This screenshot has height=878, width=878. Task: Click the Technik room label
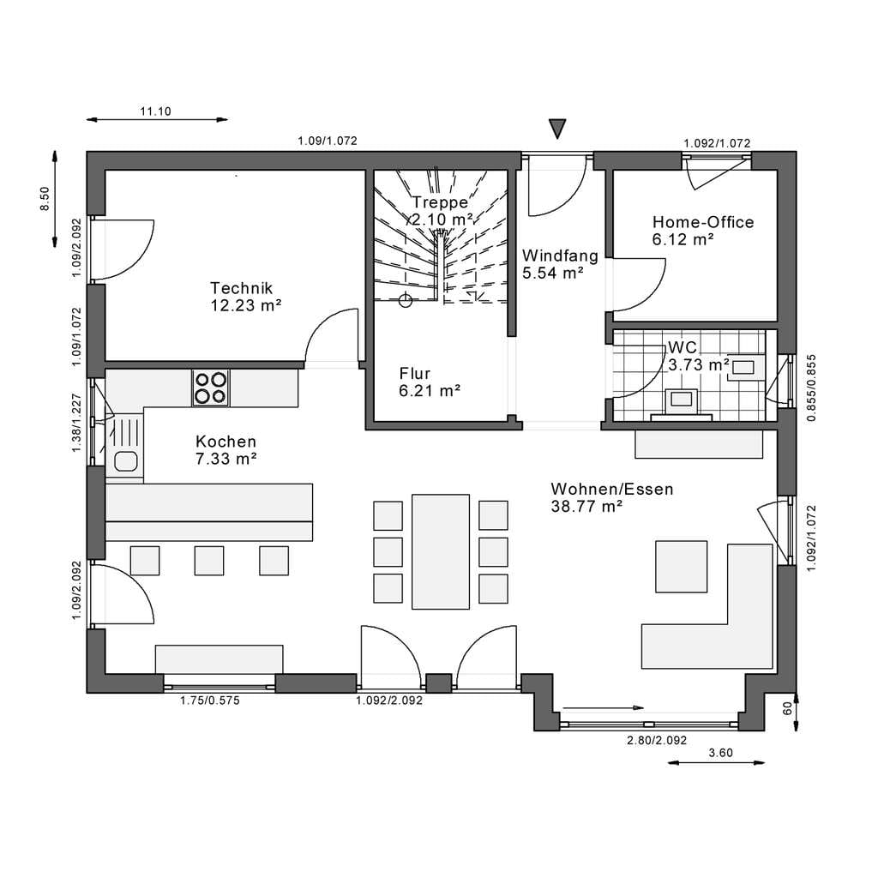coord(241,288)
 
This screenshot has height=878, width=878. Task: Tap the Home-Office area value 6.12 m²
coord(683,240)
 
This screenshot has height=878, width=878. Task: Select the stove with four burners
coord(211,388)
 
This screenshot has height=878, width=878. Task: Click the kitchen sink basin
coord(125,461)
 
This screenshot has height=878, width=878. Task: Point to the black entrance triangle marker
coord(557,129)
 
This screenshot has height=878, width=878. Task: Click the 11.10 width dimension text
coord(156,111)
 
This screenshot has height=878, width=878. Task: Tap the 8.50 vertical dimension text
coord(45,199)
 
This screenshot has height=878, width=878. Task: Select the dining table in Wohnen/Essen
coord(441,551)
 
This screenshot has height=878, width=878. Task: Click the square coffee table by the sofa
coord(682,566)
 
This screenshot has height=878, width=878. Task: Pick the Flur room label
coord(415,374)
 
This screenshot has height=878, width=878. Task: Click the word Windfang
coord(560,256)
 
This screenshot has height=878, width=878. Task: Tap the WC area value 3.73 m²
coord(699,365)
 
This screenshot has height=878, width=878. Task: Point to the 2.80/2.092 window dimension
coord(657,740)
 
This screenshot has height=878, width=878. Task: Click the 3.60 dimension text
coord(720,753)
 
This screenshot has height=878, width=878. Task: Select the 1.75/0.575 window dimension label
coord(210,701)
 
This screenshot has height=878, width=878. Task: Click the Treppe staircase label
coord(440,202)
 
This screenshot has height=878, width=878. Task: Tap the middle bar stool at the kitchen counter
coord(209,561)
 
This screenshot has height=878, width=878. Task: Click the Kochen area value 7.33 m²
coord(226,459)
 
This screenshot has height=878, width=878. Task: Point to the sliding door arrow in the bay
coord(603,707)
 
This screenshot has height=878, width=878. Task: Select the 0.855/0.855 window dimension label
coord(811,388)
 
